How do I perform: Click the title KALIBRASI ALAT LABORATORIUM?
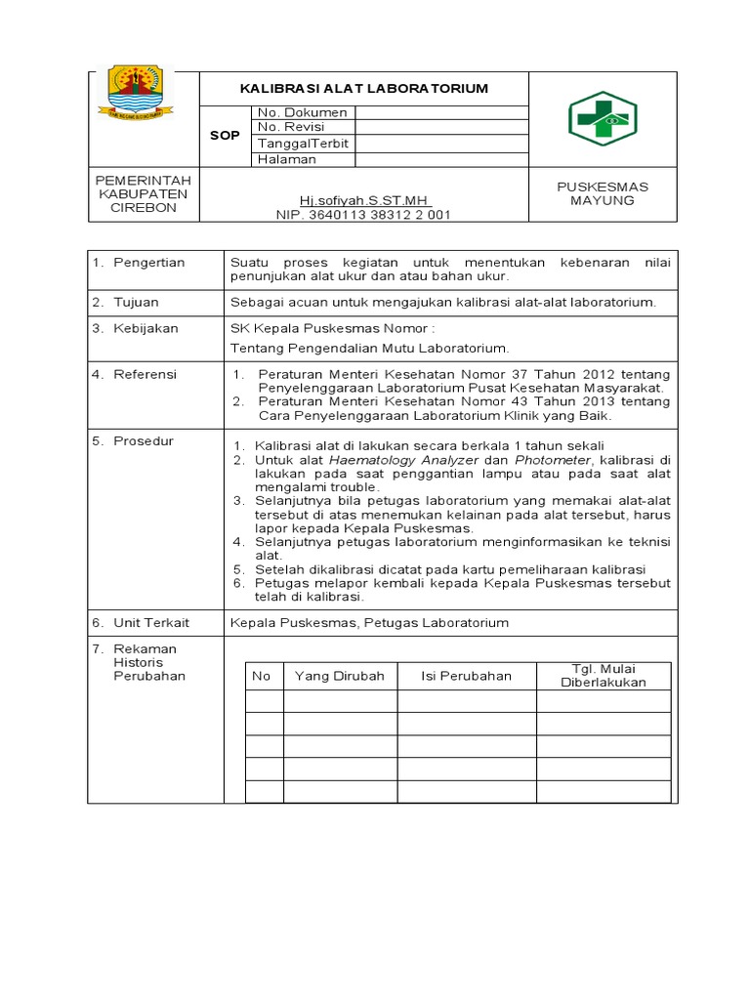click(364, 89)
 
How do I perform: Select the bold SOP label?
click(225, 135)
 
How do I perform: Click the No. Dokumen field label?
click(302, 112)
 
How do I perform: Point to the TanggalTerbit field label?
click(303, 144)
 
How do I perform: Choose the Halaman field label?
click(286, 159)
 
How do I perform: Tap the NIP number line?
click(363, 215)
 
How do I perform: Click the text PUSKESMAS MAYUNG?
click(603, 193)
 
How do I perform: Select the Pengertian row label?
click(148, 263)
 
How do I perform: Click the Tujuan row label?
click(136, 303)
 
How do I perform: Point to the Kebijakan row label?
click(146, 328)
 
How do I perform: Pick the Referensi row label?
click(146, 373)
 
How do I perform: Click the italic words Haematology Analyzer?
click(403, 459)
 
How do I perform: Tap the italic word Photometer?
click(553, 459)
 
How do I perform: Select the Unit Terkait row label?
click(151, 622)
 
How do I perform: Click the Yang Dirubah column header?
click(340, 676)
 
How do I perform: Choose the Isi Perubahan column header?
click(466, 676)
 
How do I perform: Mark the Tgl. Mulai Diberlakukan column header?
click(604, 675)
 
